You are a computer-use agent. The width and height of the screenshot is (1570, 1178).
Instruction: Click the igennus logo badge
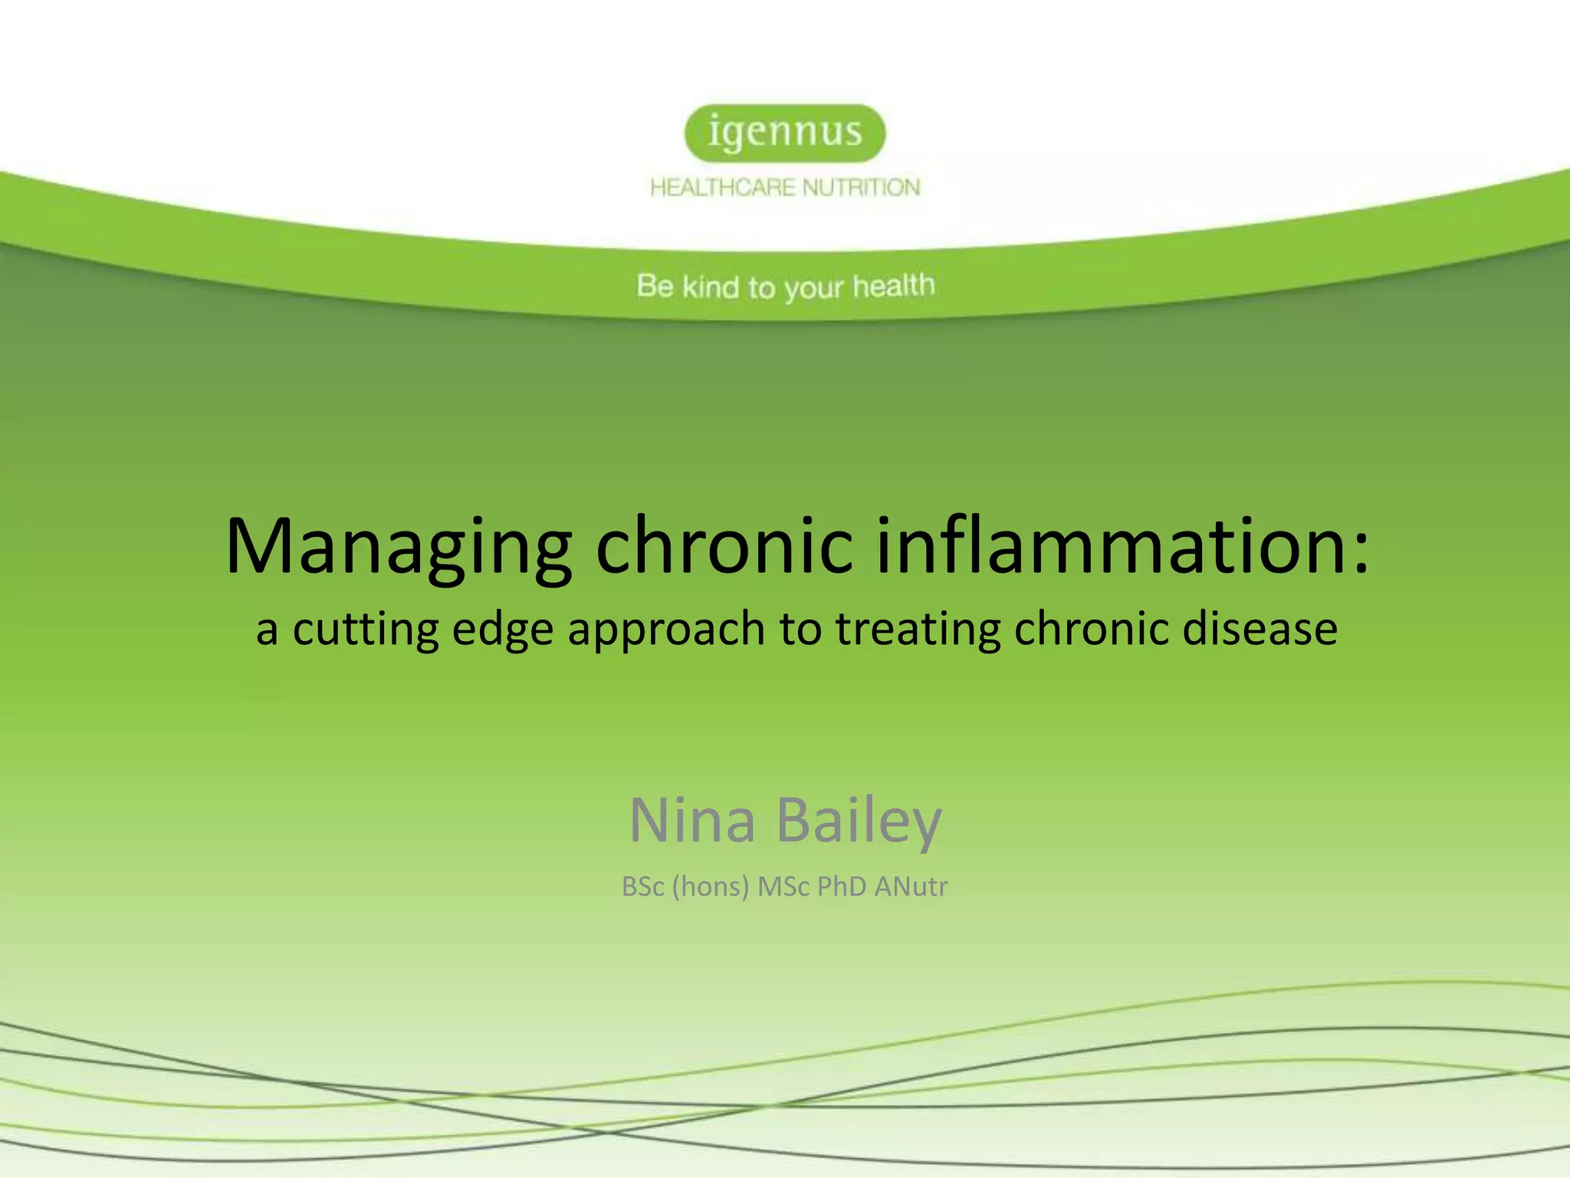coord(784,133)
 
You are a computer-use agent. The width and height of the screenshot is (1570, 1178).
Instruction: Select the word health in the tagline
coord(894,285)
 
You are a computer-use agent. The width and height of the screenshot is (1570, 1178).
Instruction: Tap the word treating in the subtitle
coord(918,630)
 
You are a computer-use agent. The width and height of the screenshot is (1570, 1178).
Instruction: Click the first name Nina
coord(692,820)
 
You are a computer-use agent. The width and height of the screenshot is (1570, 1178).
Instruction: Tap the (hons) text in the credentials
coord(711,887)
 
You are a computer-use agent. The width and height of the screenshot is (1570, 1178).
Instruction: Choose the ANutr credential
coord(911,887)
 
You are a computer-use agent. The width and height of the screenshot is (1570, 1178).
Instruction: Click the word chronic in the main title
coord(724,546)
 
